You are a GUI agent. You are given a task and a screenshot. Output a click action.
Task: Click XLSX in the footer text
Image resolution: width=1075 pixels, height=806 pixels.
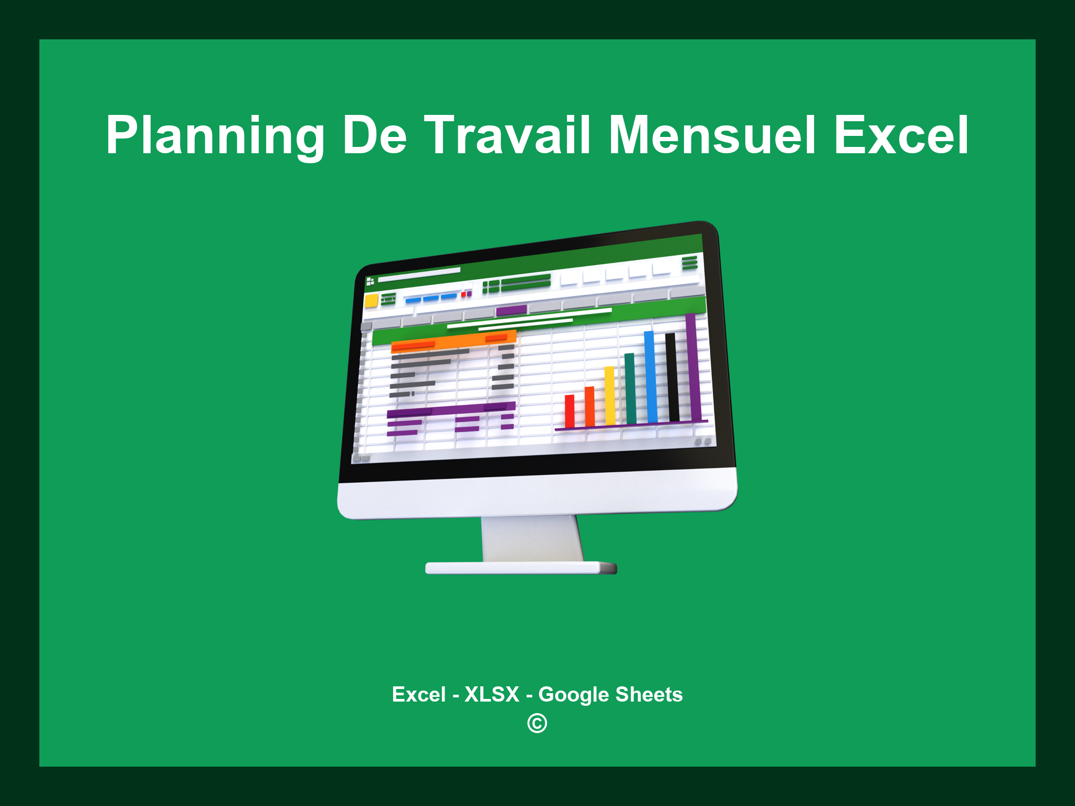click(492, 694)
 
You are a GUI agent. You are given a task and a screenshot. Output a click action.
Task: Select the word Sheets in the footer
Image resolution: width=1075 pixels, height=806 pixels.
click(649, 694)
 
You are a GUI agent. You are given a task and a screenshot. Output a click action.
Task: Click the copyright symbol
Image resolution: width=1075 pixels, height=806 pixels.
click(537, 724)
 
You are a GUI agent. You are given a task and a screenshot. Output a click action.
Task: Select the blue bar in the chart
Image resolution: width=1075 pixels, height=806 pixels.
click(651, 377)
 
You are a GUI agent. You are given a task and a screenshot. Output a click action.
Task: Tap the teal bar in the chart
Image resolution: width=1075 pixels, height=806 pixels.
click(630, 388)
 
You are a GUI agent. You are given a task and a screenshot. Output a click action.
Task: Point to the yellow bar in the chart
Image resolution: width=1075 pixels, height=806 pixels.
click(609, 396)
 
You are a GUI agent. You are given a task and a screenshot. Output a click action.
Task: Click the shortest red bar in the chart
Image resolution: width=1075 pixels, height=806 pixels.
click(570, 411)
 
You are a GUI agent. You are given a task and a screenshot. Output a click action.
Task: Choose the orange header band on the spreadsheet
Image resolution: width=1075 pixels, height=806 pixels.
click(454, 342)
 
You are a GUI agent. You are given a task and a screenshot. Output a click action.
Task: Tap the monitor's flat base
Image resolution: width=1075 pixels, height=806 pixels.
click(520, 568)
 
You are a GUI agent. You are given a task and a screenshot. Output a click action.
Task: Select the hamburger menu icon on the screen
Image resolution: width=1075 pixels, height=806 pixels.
click(690, 262)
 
